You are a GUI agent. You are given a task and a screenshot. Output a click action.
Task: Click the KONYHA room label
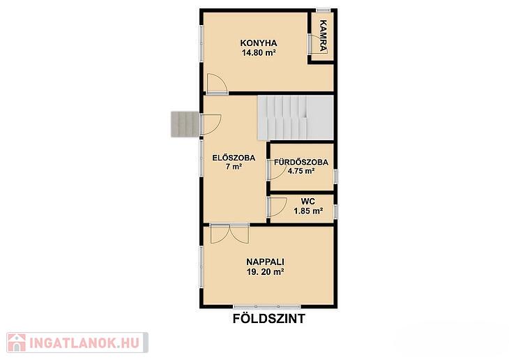(x=259, y=43)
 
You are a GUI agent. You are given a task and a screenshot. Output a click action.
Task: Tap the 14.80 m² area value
(x=259, y=52)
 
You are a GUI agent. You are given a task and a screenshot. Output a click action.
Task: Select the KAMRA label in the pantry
(x=323, y=36)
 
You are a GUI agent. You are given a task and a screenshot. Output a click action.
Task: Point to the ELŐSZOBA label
(x=234, y=158)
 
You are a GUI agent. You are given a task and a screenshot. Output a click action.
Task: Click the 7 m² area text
(x=234, y=167)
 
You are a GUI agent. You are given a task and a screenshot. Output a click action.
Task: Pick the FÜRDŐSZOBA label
(x=301, y=162)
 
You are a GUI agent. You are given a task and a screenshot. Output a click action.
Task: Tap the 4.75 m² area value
(x=301, y=171)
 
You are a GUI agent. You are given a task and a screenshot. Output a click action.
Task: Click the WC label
(x=307, y=202)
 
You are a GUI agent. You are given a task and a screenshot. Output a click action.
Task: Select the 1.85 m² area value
(x=308, y=211)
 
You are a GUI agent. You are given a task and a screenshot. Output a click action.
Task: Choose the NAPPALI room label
(x=265, y=262)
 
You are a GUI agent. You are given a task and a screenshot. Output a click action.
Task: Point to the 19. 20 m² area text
(x=265, y=272)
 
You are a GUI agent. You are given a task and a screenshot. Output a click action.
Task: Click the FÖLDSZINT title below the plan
(x=269, y=319)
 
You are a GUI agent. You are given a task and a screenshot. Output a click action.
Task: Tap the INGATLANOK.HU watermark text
(x=84, y=343)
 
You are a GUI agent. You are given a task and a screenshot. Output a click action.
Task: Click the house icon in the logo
(x=17, y=343)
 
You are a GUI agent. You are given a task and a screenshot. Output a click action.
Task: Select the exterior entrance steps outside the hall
(x=185, y=123)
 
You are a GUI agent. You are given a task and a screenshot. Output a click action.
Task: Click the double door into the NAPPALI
(x=229, y=233)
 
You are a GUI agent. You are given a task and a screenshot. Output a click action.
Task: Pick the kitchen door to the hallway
(x=217, y=84)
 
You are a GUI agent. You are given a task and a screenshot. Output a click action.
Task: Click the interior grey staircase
(x=296, y=118)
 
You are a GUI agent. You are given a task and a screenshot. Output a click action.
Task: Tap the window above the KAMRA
(x=324, y=10)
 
